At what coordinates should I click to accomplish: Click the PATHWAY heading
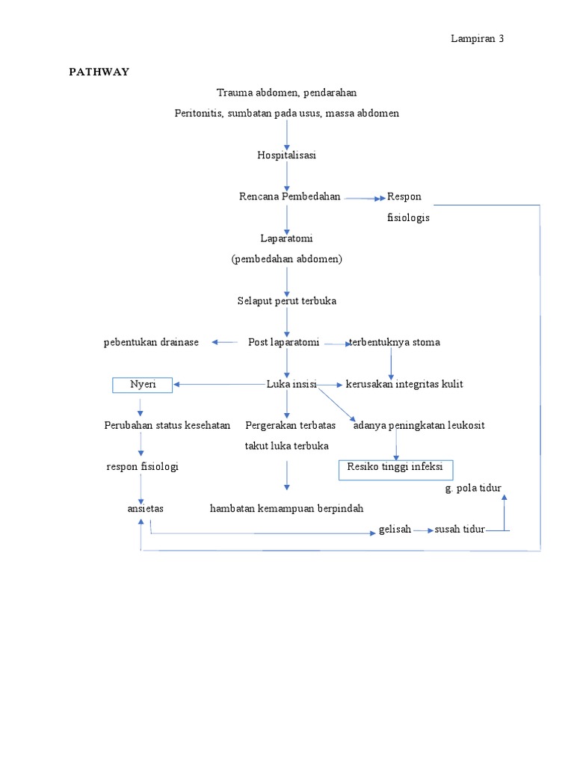click(99, 72)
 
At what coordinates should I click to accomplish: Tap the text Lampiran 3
click(477, 39)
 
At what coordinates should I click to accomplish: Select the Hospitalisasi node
click(286, 155)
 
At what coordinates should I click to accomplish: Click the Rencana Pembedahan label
click(289, 196)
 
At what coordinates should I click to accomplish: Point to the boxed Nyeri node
click(143, 385)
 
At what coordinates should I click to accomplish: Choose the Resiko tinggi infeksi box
click(395, 467)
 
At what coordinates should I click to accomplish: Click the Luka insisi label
click(291, 384)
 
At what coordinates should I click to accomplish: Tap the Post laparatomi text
click(283, 342)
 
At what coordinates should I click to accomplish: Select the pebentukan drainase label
click(151, 342)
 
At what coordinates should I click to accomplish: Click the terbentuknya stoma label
click(395, 342)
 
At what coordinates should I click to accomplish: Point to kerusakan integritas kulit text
click(404, 384)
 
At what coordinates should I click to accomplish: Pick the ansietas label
click(145, 508)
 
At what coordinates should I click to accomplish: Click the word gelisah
click(395, 529)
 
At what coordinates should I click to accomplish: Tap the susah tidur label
click(459, 529)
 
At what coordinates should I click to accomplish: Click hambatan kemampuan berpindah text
click(286, 508)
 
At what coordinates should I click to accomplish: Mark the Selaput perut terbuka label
click(286, 300)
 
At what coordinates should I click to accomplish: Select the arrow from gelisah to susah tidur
click(423, 530)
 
